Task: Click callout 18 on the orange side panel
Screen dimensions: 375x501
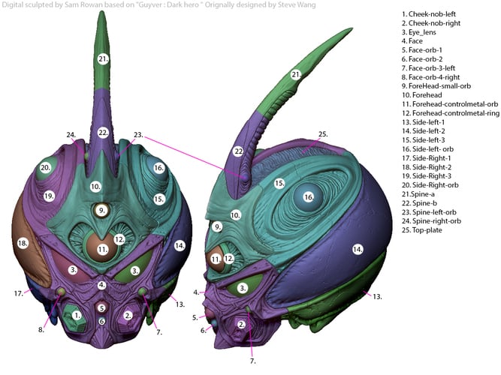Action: [x=23, y=244]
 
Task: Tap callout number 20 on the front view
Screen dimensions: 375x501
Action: [x=46, y=167]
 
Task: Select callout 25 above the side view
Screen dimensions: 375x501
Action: [x=323, y=134]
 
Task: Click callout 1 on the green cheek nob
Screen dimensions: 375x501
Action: [x=76, y=316]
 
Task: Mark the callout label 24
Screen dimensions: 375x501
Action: [x=71, y=135]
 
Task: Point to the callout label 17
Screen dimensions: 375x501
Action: [x=19, y=294]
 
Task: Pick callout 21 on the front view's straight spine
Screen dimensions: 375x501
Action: [x=103, y=58]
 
